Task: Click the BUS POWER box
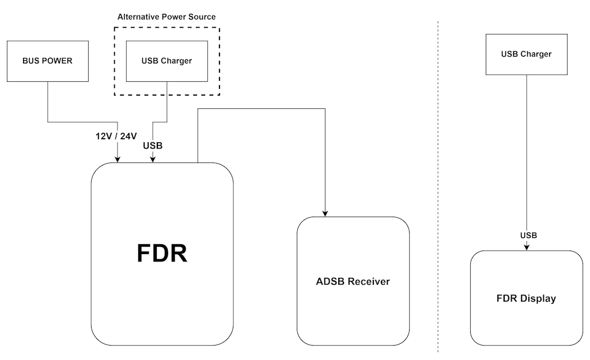(x=47, y=60)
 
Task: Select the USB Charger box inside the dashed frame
(x=167, y=60)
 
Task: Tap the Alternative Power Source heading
(x=167, y=17)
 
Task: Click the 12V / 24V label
(x=116, y=137)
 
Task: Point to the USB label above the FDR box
(x=153, y=146)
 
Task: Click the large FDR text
(x=162, y=253)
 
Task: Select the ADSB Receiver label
(x=353, y=282)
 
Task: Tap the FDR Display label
(x=526, y=298)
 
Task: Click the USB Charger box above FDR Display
(x=526, y=54)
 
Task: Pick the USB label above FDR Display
(x=528, y=236)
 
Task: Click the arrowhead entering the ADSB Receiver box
(x=325, y=213)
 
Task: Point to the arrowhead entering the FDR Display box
(x=527, y=247)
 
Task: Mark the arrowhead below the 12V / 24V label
(x=118, y=159)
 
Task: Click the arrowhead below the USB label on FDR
(x=153, y=159)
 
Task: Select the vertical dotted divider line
(x=438, y=184)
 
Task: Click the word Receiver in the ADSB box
(x=368, y=282)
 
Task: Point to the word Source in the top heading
(x=201, y=17)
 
